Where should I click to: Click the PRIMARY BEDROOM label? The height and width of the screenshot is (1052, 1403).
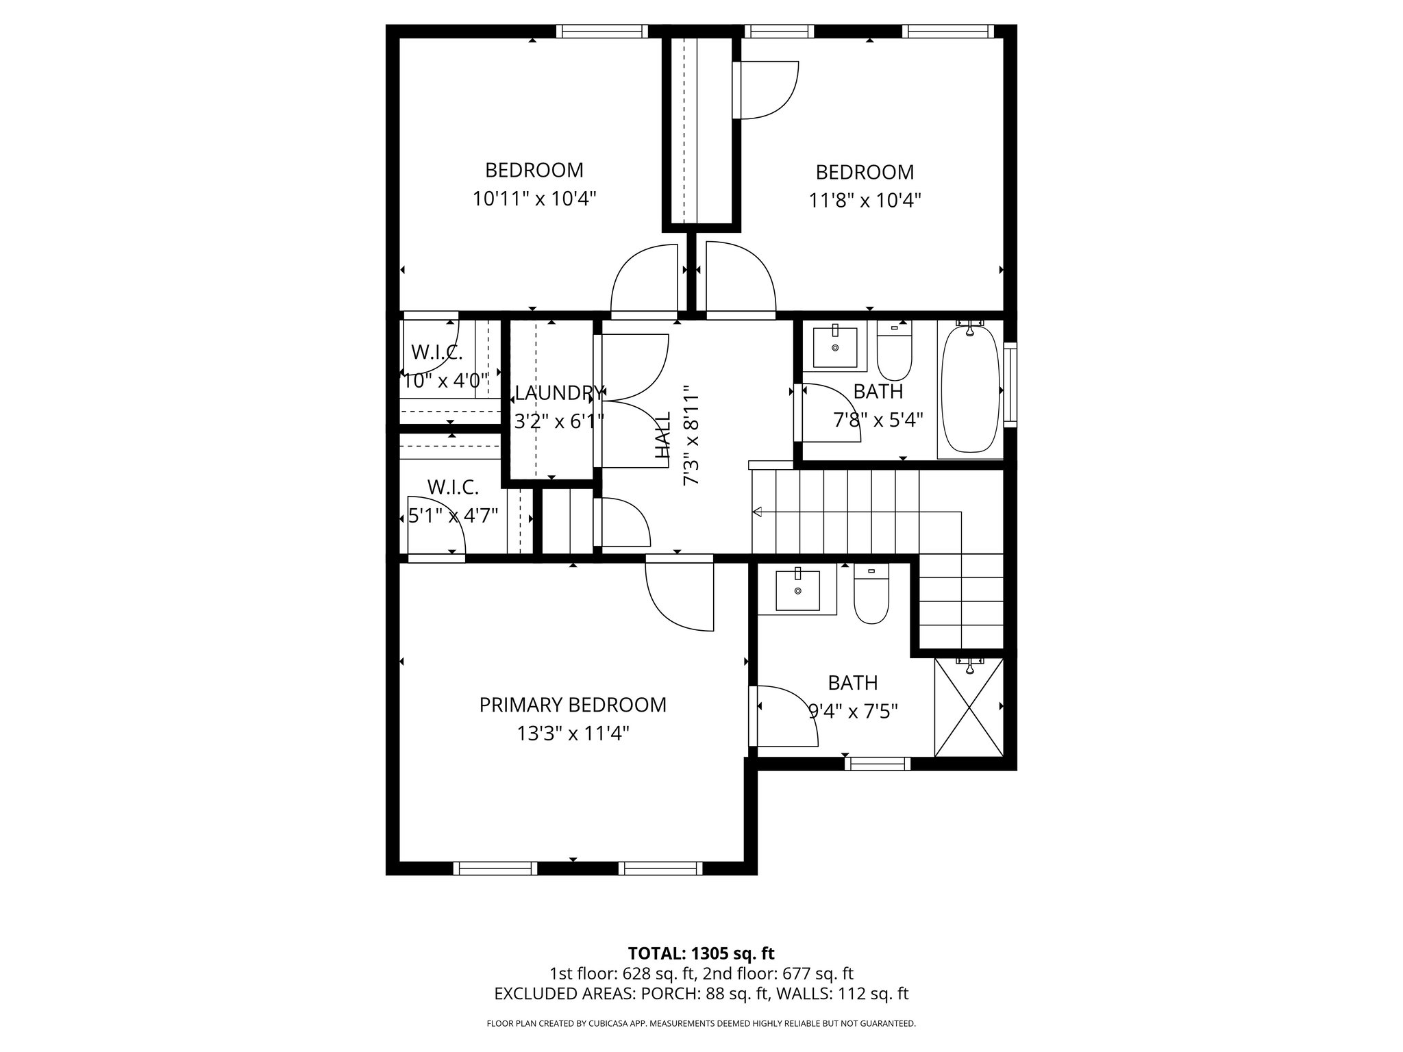(572, 705)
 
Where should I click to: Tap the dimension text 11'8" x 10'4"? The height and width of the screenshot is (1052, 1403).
(865, 201)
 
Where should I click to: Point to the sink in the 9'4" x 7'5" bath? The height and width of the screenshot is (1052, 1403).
(797, 590)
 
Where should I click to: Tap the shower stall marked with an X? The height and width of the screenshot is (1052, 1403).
(969, 707)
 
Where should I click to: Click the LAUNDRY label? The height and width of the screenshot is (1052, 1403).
(559, 393)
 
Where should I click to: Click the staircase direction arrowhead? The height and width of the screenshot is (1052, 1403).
(757, 512)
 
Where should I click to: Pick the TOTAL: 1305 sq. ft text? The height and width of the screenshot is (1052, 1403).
(701, 953)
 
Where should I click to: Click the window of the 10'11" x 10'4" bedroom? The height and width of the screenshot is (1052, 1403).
(601, 32)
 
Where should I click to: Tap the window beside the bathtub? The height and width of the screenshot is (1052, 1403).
(1010, 385)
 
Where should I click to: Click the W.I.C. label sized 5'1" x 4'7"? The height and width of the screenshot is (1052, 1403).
(453, 488)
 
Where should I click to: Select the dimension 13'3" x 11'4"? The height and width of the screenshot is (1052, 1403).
(573, 734)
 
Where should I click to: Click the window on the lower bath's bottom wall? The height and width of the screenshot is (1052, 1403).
(878, 764)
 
